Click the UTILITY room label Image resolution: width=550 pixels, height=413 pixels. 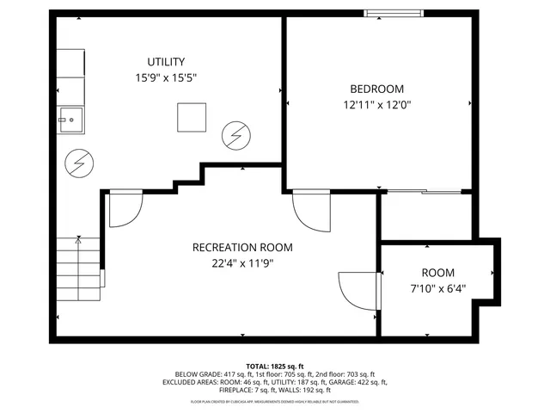[x=166, y=61]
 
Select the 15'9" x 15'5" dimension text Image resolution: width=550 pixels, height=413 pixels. [x=166, y=77]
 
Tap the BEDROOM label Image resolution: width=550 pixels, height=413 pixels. [x=376, y=89]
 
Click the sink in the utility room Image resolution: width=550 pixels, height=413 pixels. [x=70, y=120]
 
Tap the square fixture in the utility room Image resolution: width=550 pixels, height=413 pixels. [x=192, y=117]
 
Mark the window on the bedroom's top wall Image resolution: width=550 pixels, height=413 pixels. [x=393, y=13]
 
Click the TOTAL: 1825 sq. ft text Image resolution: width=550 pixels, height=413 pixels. [x=275, y=366]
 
